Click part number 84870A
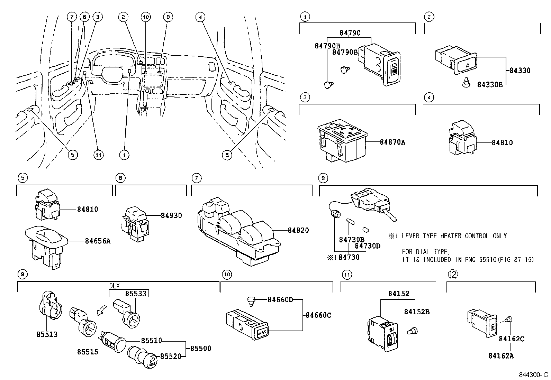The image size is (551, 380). coord(392,142)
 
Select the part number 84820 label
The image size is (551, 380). coord(298,230)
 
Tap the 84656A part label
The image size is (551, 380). coord(98,241)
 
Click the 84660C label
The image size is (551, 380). coord(318,315)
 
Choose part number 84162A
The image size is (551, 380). coord(501,355)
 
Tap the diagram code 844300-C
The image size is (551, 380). coord(533,375)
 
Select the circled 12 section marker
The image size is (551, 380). coord(453,274)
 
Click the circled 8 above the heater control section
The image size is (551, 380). coord(323,178)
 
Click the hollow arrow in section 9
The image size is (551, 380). coord(102,311)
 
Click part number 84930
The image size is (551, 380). coord(171,215)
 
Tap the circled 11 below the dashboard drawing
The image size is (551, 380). coord(99,155)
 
